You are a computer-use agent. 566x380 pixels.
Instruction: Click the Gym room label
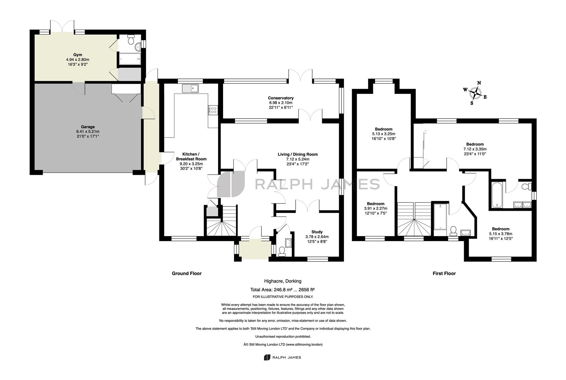[78, 55]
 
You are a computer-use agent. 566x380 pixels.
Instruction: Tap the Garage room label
[88, 127]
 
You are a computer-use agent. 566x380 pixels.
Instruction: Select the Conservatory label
[281, 98]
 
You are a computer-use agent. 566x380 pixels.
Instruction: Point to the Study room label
[317, 232]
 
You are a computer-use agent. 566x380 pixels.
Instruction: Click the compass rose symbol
[475, 93]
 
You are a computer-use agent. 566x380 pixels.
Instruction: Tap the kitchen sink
[190, 88]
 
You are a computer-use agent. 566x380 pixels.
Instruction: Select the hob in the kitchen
[213, 110]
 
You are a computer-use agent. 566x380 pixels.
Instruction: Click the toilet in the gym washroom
[131, 40]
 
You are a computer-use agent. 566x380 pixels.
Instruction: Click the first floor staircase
[414, 219]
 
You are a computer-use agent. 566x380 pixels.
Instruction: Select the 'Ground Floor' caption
[187, 273]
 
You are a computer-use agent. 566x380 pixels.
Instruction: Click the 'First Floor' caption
[444, 273]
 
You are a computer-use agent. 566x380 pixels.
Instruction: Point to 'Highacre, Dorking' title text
[283, 281]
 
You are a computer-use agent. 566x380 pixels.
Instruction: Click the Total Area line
[282, 290]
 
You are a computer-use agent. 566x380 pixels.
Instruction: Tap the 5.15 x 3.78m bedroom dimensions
[500, 234]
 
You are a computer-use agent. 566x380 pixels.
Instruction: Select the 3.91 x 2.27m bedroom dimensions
[375, 208]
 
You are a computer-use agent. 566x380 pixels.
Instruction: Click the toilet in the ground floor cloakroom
[282, 252]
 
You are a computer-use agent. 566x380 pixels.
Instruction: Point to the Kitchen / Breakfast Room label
[191, 157]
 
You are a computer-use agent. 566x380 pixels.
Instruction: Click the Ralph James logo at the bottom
[283, 357]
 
